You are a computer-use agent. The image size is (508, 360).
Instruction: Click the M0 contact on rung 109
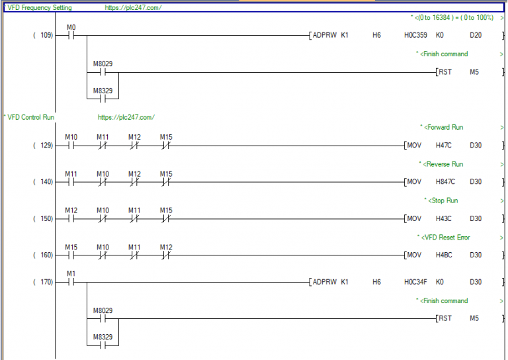(71, 36)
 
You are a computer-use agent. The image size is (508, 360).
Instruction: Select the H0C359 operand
(415, 35)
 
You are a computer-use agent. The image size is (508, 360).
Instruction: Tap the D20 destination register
(476, 35)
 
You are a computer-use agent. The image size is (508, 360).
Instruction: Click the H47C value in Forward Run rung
(444, 145)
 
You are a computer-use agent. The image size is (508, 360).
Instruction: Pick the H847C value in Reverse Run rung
(445, 181)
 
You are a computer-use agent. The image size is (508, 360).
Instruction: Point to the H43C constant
(444, 218)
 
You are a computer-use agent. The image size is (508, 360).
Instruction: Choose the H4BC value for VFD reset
(444, 255)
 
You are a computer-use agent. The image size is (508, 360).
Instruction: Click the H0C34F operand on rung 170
(415, 282)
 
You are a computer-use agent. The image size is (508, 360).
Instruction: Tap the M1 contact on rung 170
(71, 283)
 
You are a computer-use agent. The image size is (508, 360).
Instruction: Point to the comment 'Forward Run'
(444, 127)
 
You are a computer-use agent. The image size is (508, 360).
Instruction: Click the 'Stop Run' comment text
(443, 201)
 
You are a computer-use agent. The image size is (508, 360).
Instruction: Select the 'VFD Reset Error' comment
(445, 238)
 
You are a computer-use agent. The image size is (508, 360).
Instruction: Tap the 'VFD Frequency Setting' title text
(40, 7)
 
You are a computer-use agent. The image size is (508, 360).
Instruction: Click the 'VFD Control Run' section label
(31, 117)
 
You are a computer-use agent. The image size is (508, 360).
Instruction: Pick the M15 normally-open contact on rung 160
(71, 255)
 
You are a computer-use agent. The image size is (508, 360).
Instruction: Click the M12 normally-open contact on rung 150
(71, 219)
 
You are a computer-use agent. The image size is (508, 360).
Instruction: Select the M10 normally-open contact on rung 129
(71, 146)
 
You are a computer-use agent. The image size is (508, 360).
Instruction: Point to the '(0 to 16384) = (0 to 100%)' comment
(454, 17)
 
